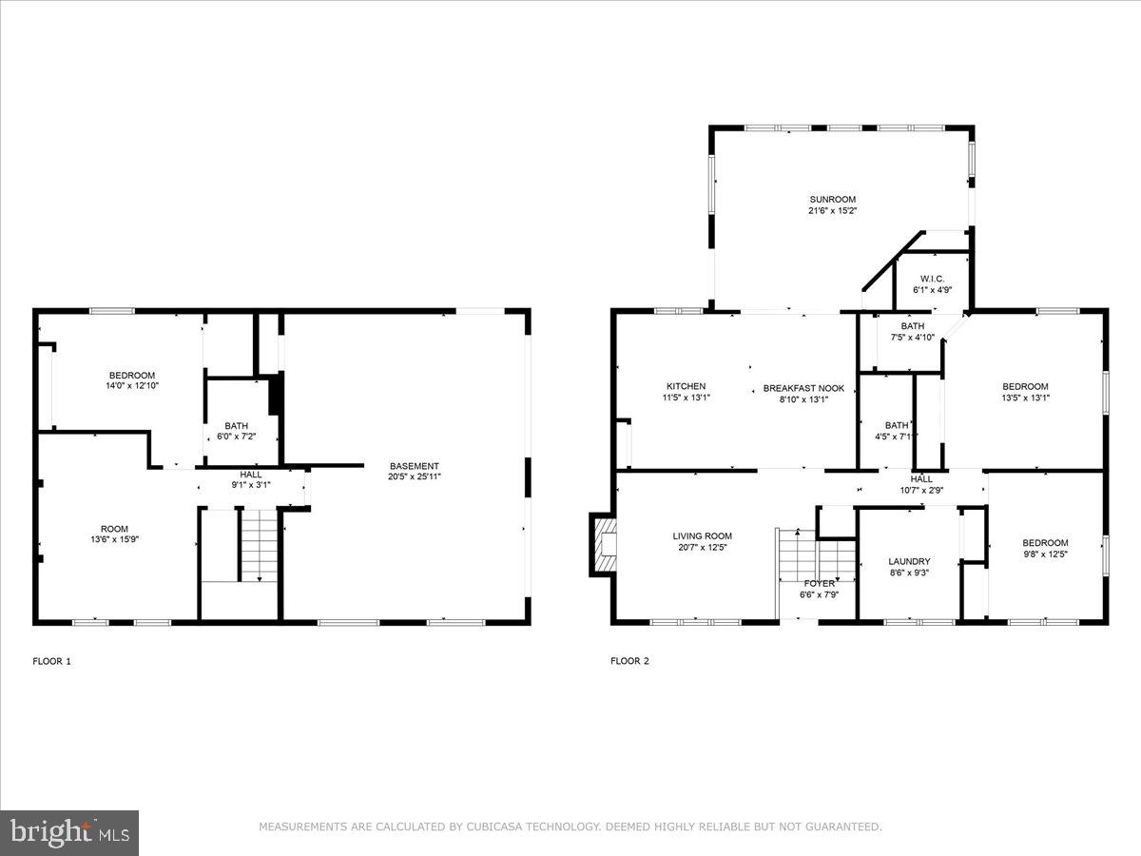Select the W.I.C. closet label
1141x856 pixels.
931,279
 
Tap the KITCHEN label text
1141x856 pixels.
685,387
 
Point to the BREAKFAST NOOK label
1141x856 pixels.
803,388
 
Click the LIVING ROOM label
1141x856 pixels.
702,536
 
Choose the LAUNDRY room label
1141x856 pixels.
909,561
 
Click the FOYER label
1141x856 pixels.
819,583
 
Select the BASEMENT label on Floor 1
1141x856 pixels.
414,466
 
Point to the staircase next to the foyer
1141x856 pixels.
797,556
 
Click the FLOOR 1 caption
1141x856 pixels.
51,661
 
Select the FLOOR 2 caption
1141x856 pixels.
629,661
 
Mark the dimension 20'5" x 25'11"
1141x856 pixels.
414,477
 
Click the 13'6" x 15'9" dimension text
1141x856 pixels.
114,540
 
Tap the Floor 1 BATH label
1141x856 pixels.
236,426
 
